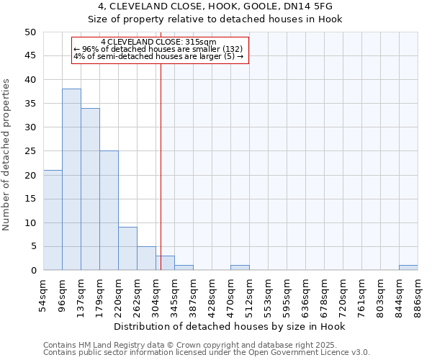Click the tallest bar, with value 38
coord(71,179)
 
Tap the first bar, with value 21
coord(53,220)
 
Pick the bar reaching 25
coord(109,210)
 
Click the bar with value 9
coord(127,248)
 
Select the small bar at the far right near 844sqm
coord(408,268)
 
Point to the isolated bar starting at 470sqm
coord(240,268)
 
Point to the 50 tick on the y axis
coord(30,32)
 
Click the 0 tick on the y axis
coord(33,271)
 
